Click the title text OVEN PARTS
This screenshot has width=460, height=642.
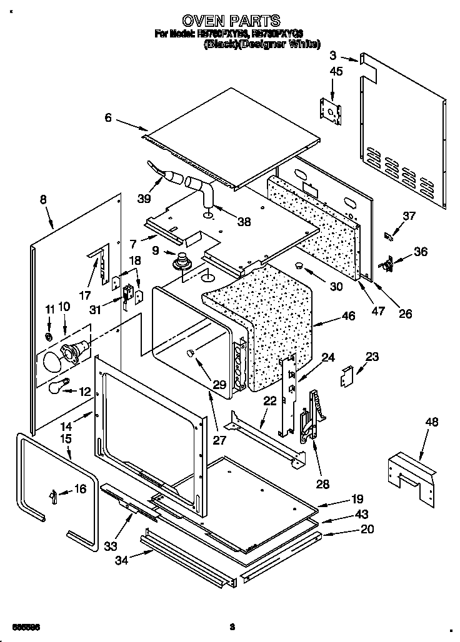click(x=230, y=21)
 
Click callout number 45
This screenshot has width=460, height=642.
click(x=336, y=71)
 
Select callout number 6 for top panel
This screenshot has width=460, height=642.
click(x=108, y=117)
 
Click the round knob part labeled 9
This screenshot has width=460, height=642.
click(x=182, y=260)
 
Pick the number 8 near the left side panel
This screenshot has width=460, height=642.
click(x=43, y=200)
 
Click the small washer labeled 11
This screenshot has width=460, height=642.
click(x=48, y=337)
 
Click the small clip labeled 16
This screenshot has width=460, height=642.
click(x=54, y=496)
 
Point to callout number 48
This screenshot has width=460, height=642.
click(x=431, y=423)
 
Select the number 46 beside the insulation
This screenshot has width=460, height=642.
click(x=348, y=317)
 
